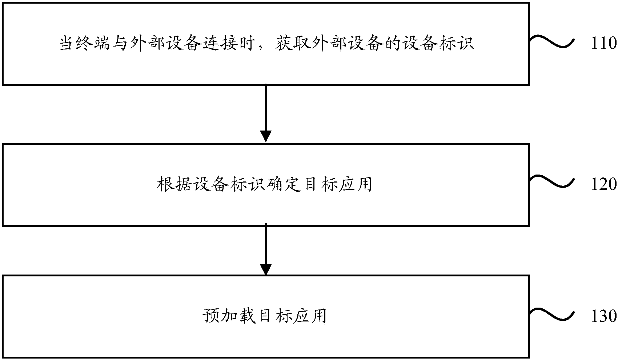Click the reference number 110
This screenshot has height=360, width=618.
[x=604, y=44]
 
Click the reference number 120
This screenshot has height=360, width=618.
[x=604, y=184]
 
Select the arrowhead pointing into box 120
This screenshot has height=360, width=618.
[x=266, y=136]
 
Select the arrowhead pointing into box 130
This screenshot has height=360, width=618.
[x=266, y=269]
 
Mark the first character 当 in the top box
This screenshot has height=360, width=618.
[x=67, y=44]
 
